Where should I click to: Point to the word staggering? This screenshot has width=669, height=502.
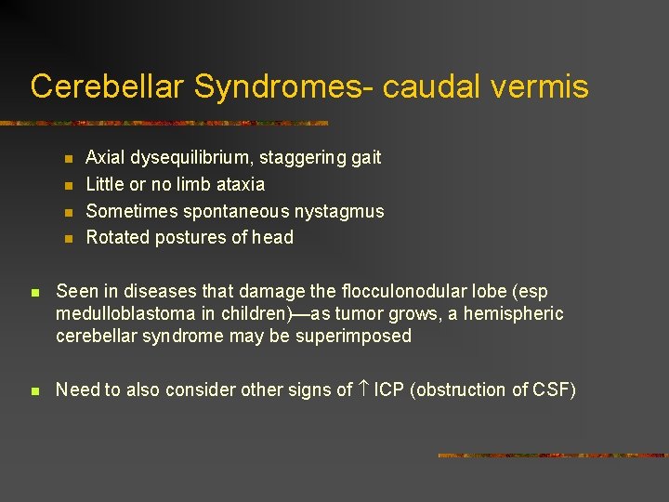pyautogui.click(x=301, y=158)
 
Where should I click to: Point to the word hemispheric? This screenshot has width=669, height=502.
pyautogui.click(x=516, y=314)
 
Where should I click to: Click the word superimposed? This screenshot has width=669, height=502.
pyautogui.click(x=353, y=336)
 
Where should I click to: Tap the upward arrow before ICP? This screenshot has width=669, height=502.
pyautogui.click(x=363, y=390)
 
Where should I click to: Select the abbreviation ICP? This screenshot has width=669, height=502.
pyautogui.click(x=390, y=390)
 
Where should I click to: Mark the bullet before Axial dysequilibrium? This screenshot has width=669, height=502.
pyautogui.click(x=68, y=159)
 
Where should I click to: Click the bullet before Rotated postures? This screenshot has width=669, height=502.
pyautogui.click(x=68, y=238)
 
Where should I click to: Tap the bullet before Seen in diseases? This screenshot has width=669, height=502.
pyautogui.click(x=34, y=293)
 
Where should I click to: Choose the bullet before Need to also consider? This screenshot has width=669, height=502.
pyautogui.click(x=34, y=391)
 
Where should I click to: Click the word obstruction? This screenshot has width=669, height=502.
pyautogui.click(x=461, y=390)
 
